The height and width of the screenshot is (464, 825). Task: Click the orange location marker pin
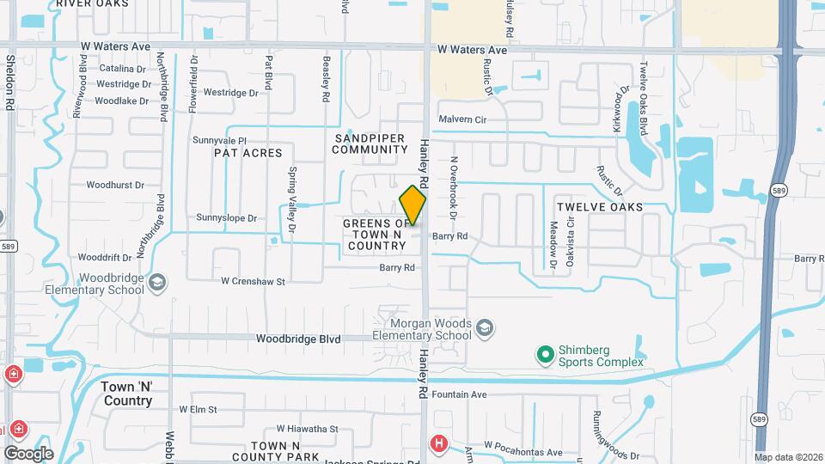(x=412, y=205)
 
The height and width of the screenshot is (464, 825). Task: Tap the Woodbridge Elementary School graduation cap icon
(x=158, y=283)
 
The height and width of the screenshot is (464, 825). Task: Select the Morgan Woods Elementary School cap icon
(x=485, y=328)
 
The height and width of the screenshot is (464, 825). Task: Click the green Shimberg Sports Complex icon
(x=544, y=354)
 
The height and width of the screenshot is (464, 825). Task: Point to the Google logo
(x=27, y=453)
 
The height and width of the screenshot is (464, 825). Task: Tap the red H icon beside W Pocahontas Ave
(x=439, y=443)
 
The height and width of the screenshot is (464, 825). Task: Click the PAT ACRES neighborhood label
(x=247, y=153)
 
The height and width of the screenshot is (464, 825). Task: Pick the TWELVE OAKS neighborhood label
(x=600, y=207)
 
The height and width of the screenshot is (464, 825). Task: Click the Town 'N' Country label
(x=127, y=394)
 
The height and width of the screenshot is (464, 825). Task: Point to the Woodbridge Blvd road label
(x=298, y=339)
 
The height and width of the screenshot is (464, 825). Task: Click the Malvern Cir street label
(x=462, y=119)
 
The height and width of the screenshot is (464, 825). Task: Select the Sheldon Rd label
(x=11, y=82)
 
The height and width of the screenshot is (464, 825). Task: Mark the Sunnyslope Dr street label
(x=227, y=218)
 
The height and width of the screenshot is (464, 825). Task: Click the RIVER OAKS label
(x=92, y=4)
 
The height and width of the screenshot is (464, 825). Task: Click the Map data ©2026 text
(x=787, y=457)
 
